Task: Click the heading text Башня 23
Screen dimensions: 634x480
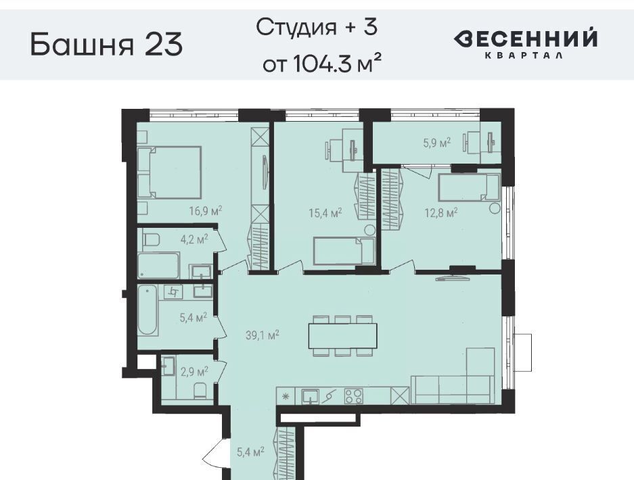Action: click(107, 44)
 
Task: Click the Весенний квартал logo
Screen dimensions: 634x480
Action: click(525, 44)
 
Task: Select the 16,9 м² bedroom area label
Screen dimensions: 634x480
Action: click(206, 211)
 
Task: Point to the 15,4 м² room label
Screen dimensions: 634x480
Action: click(325, 212)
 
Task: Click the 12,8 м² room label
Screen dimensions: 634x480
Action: click(440, 212)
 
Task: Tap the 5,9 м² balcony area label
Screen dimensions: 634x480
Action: click(437, 143)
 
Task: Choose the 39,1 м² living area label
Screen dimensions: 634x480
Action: click(263, 335)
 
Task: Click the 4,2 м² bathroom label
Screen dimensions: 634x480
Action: click(194, 239)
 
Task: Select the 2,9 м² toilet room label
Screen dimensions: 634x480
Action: click(194, 371)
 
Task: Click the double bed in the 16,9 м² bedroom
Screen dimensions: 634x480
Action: click(169, 172)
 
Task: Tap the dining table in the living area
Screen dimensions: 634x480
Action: click(343, 336)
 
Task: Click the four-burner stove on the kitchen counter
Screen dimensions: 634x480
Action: click(354, 395)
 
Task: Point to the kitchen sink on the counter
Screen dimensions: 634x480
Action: click(310, 396)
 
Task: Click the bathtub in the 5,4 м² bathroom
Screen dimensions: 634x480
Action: click(148, 310)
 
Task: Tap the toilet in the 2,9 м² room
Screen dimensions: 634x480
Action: click(200, 391)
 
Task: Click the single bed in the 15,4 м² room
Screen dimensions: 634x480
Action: click(344, 251)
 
